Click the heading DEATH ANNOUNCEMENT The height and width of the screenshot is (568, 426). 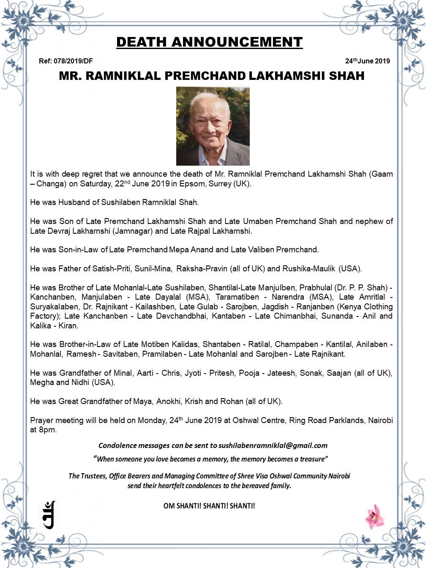209,42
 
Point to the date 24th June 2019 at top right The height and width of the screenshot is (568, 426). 367,61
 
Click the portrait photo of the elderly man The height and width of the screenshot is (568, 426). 213,126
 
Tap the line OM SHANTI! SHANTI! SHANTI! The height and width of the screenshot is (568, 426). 209,506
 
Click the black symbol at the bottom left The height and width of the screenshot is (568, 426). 49,514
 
